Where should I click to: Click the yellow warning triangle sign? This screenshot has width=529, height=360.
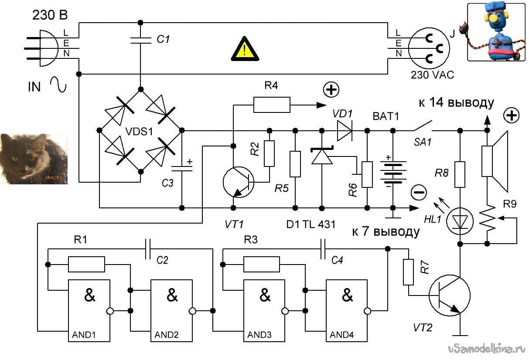(x=245, y=49)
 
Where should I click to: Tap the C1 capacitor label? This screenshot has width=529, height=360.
(x=163, y=39)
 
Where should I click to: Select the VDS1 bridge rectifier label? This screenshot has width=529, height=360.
(x=139, y=132)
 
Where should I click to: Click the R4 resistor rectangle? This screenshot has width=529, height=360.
(x=272, y=105)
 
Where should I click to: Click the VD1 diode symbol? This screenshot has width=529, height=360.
(x=345, y=131)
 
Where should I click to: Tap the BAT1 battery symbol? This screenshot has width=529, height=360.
(x=393, y=172)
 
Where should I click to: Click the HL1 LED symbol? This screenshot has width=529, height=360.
(x=460, y=221)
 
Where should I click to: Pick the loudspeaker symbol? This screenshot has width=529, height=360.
(x=495, y=161)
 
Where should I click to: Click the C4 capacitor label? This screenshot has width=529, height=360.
(x=337, y=260)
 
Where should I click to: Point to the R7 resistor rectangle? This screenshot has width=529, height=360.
(x=408, y=272)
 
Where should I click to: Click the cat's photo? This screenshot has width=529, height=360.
(x=34, y=159)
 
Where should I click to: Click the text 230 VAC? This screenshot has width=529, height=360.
(x=432, y=75)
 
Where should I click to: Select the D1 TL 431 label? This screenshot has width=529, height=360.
(x=311, y=224)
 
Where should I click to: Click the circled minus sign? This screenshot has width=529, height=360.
(x=419, y=192)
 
